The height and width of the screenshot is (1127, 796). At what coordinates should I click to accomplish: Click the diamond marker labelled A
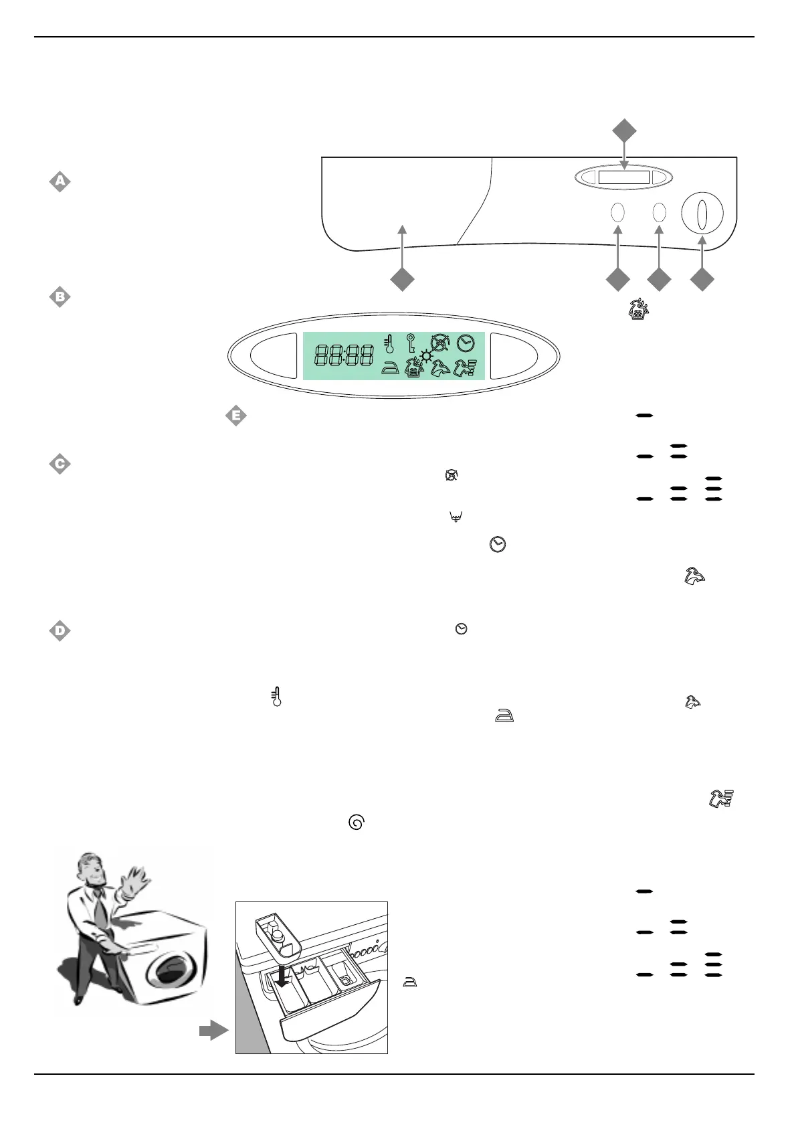60,181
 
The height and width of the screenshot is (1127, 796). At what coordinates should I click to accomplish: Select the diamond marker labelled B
60,297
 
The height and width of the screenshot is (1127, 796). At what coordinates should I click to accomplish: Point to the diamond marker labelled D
60,631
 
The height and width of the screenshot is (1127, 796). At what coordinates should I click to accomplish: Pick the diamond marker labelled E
235,416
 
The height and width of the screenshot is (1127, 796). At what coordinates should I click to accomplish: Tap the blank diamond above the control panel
624,131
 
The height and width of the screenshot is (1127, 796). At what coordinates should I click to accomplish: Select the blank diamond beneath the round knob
702,280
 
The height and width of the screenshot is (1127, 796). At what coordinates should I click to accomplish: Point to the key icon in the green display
411,344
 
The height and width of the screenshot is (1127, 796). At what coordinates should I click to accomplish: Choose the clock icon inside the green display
466,344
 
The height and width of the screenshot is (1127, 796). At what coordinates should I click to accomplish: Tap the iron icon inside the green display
389,367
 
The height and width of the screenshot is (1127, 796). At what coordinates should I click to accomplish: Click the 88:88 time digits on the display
344,355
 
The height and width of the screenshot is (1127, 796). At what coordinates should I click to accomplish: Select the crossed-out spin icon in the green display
439,343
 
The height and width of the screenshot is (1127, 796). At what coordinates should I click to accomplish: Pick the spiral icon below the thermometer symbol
357,822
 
